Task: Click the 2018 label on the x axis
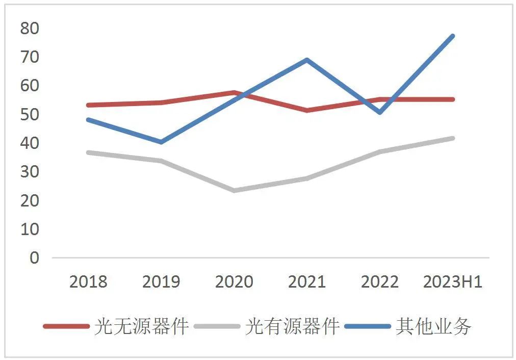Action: (88, 281)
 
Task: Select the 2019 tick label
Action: (161, 281)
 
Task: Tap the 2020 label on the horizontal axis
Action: (234, 281)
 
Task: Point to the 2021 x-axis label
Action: (306, 281)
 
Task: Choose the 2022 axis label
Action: (379, 281)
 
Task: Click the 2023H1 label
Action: (452, 281)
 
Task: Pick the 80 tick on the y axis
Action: (29, 29)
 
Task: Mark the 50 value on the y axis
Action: (29, 114)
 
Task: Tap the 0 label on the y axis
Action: (34, 258)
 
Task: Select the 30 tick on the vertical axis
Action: (29, 172)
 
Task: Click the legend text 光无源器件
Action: (141, 326)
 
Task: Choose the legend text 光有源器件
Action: (292, 326)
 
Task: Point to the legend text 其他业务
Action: (433, 326)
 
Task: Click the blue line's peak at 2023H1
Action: (452, 36)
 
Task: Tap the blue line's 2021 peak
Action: (306, 60)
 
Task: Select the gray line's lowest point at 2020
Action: (234, 191)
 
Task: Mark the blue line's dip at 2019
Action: (161, 142)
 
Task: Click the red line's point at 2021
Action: (306, 110)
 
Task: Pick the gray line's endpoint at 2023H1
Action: (452, 138)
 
